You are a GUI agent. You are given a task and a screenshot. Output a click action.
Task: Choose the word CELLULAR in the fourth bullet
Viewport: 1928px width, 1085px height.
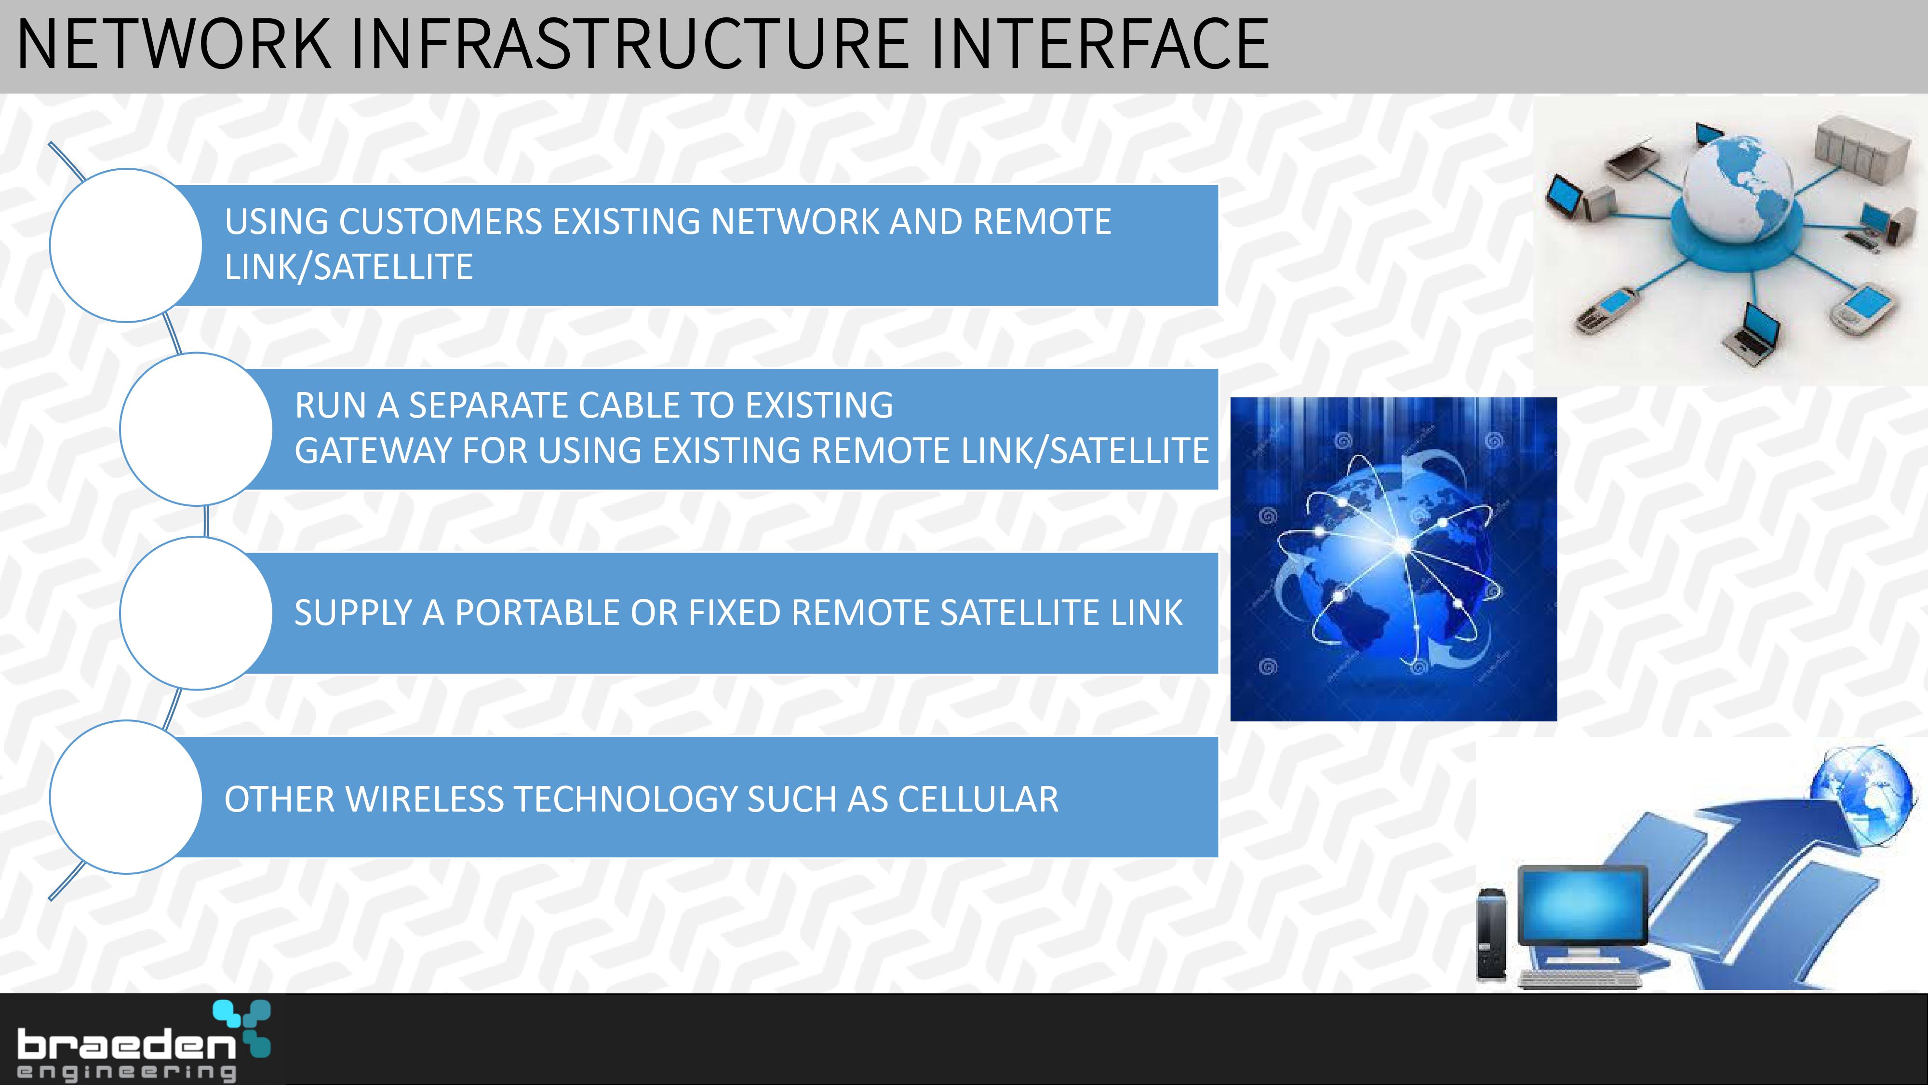tap(978, 799)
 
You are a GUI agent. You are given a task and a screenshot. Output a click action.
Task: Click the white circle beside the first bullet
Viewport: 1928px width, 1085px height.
tap(126, 245)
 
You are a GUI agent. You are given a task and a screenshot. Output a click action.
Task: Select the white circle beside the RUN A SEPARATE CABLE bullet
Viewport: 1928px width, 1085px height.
tap(196, 429)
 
